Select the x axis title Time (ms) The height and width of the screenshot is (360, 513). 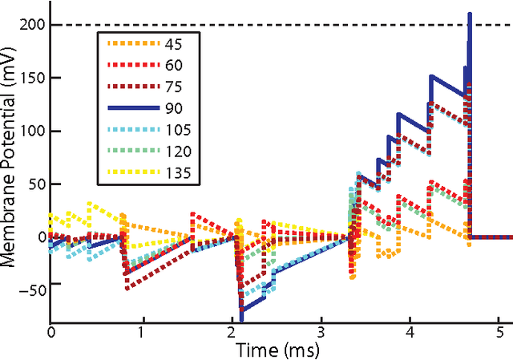(x=277, y=350)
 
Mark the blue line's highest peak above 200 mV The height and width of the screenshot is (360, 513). (x=470, y=14)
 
